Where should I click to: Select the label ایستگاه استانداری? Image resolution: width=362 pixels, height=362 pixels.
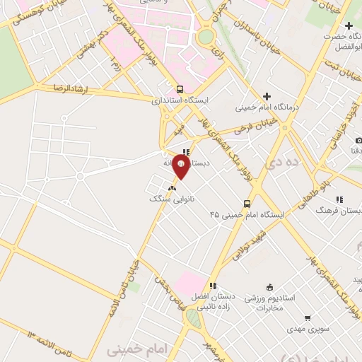pyautogui.click(x=181, y=100)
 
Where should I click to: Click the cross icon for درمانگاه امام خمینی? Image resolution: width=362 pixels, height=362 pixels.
pyautogui.click(x=267, y=97)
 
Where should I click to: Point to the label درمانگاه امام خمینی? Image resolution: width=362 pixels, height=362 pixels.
pyautogui.click(x=267, y=108)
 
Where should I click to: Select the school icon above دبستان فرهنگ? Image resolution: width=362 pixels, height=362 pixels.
pyautogui.click(x=339, y=199)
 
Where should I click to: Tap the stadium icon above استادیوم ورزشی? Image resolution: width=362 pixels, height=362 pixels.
pyautogui.click(x=269, y=286)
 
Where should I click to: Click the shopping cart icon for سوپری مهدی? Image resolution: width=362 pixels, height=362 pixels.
pyautogui.click(x=307, y=318)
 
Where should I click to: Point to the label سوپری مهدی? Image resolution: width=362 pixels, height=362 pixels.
pyautogui.click(x=305, y=329)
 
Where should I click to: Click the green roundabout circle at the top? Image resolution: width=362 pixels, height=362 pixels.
pyautogui.click(x=206, y=36)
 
